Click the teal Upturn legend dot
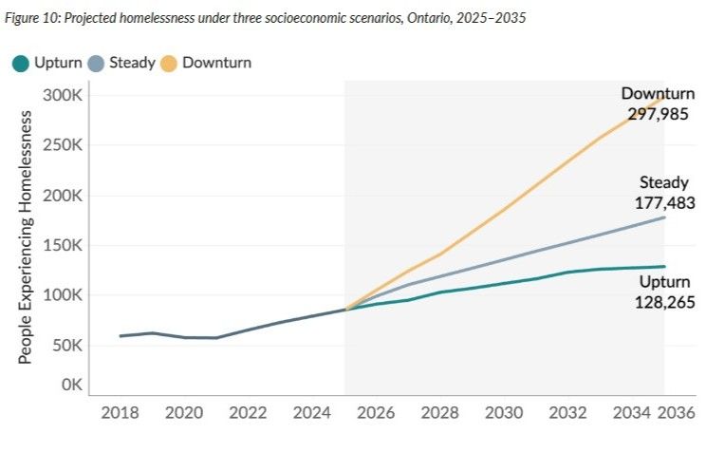(20, 64)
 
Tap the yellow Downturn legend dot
(168, 64)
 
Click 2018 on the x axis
(120, 414)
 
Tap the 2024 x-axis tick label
(312, 414)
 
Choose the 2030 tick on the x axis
(504, 414)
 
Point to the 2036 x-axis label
(677, 414)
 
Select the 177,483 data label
(663, 202)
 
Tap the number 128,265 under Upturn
(664, 303)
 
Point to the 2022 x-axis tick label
(248, 414)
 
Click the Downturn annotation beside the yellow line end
(659, 94)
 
